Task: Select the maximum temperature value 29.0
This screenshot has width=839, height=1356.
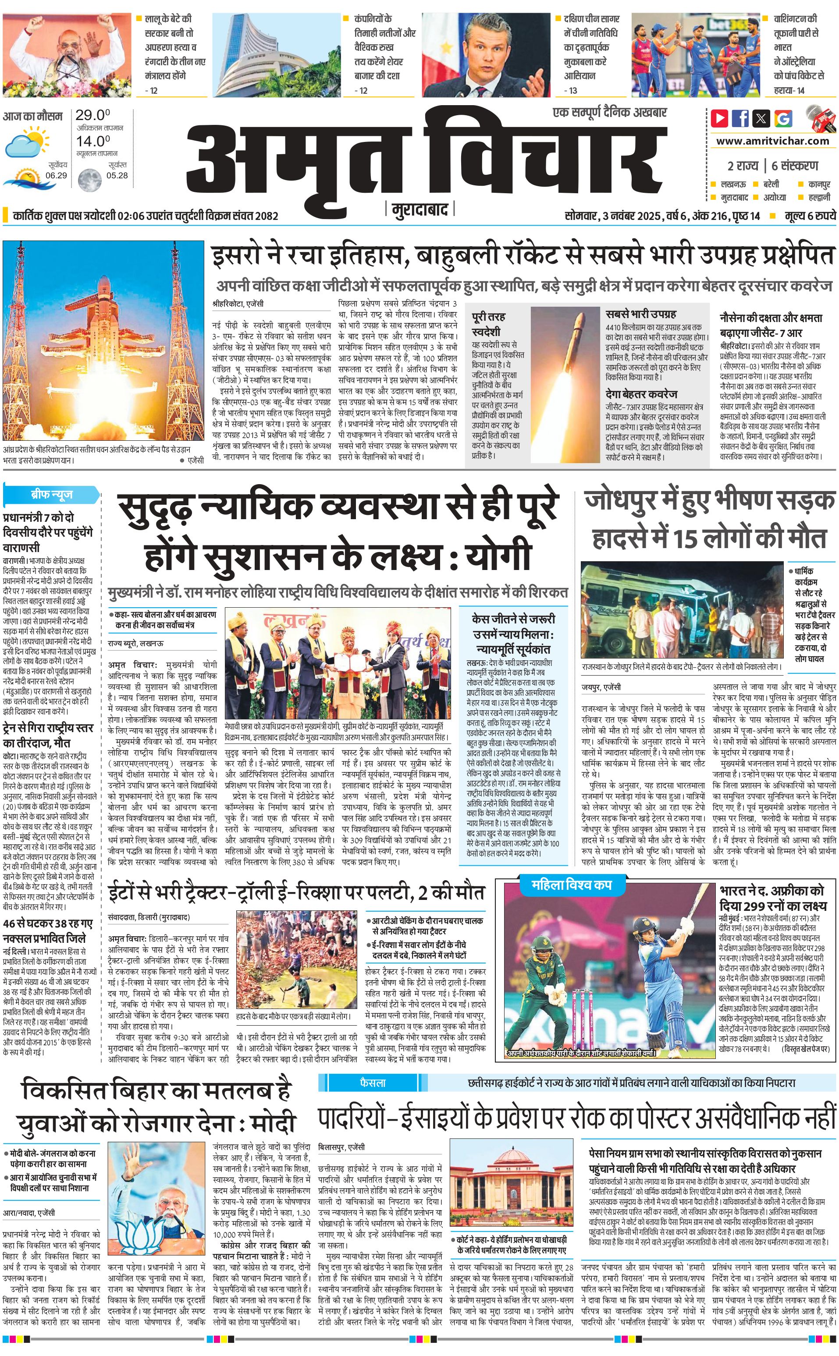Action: pyautogui.click(x=92, y=115)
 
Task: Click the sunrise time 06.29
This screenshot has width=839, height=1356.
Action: pyautogui.click(x=56, y=175)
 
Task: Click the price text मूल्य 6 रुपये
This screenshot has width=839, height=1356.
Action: pyautogui.click(x=810, y=216)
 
